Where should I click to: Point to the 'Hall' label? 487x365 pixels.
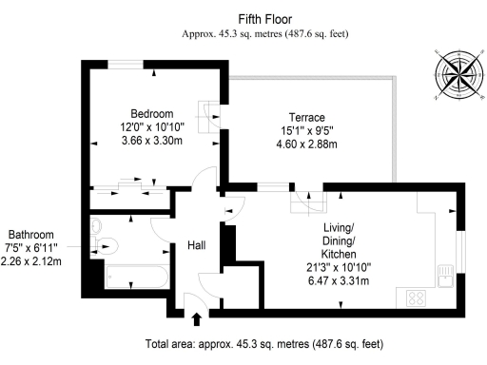tap(196, 244)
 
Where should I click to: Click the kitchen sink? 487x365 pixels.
tap(443, 276)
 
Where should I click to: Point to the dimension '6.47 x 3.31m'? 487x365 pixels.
tap(339, 280)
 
